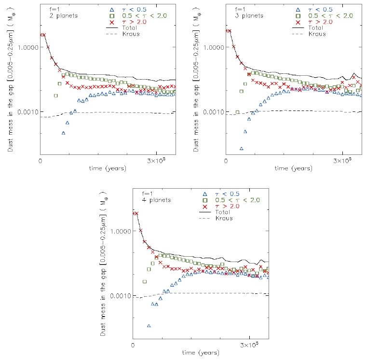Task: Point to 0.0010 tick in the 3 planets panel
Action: click(x=212, y=112)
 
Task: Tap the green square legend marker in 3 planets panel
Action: click(x=297, y=15)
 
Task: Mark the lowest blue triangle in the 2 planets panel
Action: click(x=63, y=133)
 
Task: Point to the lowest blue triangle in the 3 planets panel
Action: click(x=241, y=148)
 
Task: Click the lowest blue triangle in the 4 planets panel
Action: click(x=149, y=326)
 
